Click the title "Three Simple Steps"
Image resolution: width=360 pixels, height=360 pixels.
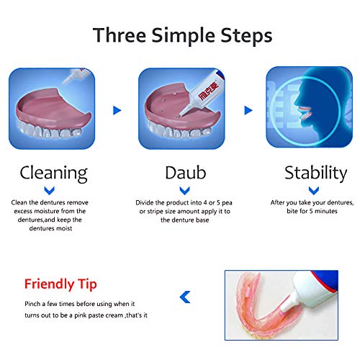click(182, 36)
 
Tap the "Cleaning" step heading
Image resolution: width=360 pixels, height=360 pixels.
click(54, 174)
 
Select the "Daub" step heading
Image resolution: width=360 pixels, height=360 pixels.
click(186, 173)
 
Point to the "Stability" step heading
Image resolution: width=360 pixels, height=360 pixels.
click(315, 174)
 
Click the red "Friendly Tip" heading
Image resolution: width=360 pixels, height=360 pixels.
click(60, 284)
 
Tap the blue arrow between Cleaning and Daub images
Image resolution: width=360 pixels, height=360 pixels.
click(117, 110)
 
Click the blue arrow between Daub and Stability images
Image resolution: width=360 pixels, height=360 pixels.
click(248, 110)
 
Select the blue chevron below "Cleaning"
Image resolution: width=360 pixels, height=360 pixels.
click(50, 191)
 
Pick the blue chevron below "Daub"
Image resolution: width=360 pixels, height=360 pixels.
click(184, 191)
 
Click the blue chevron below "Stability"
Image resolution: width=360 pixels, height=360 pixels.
click(314, 191)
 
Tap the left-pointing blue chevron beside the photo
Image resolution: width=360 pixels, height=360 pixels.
click(185, 297)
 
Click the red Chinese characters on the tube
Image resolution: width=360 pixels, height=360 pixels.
click(208, 91)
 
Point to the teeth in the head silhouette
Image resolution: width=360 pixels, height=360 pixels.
click(305, 113)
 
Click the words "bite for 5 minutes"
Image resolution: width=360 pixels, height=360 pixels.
click(312, 211)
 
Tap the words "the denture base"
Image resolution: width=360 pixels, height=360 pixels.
click(184, 220)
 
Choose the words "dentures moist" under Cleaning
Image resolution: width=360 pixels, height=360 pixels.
click(50, 228)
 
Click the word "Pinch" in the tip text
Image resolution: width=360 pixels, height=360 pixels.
click(32, 304)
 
